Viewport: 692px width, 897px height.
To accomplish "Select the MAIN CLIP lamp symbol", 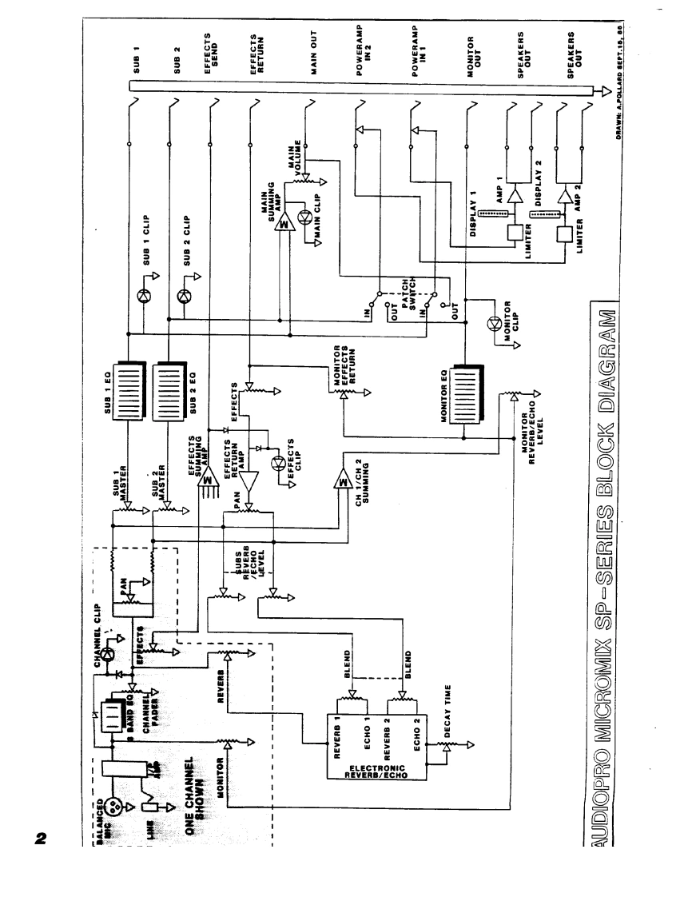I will coord(303,217).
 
